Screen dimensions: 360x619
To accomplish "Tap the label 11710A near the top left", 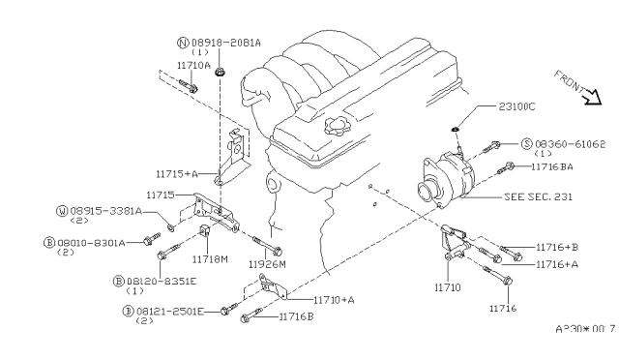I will (192, 64).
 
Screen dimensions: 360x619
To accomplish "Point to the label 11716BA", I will (553, 166).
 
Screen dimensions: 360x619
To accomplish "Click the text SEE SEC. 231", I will (538, 195).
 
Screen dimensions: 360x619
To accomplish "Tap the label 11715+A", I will (177, 174).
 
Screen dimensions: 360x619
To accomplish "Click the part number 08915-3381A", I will (105, 210).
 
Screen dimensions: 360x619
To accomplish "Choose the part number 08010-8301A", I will (97, 243).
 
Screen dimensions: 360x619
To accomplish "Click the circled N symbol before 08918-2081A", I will (182, 44).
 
